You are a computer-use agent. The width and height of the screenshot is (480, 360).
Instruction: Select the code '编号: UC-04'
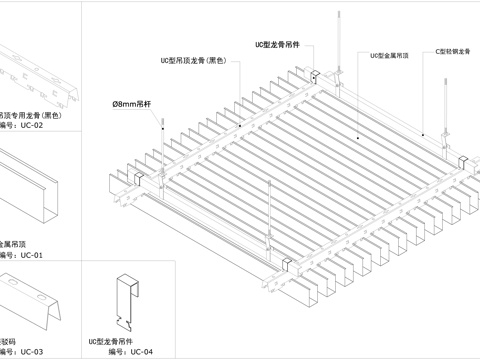(x=130, y=352)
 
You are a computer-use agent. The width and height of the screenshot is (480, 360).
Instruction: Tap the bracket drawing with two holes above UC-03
(x=35, y=300)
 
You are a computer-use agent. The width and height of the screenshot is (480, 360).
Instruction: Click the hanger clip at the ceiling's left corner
(x=137, y=178)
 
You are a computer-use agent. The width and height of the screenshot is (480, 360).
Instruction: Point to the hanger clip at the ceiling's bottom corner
(x=285, y=263)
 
